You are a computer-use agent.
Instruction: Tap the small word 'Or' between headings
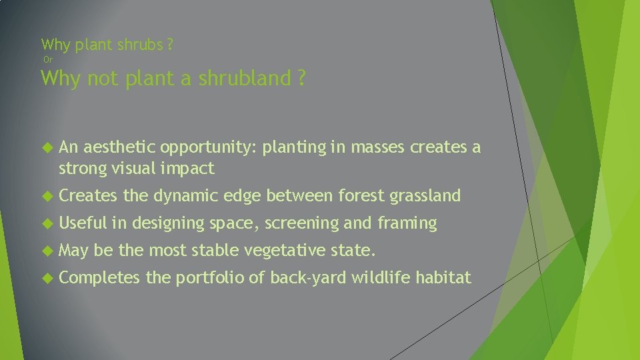[x=47, y=60]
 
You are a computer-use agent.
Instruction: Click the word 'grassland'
[x=425, y=196]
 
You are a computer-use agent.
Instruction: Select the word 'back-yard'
[x=307, y=278]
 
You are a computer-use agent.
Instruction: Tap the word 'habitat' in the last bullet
[x=443, y=278]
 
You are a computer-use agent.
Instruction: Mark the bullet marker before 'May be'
[x=46, y=251]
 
